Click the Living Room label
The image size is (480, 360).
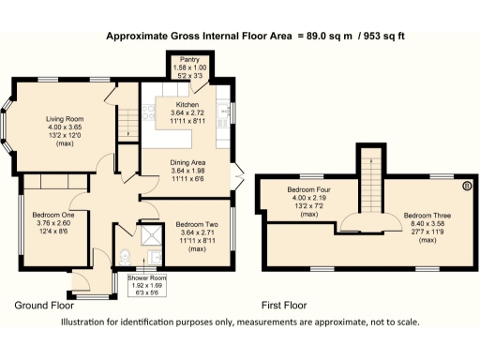coord(67,119)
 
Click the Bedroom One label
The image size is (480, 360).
coord(53,215)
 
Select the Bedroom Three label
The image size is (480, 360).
coord(427,216)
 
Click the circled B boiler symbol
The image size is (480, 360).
coord(467,186)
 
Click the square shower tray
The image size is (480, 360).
coord(148,234)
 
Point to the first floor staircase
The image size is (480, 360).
coord(372,178)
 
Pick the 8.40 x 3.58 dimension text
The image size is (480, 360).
coord(427,224)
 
